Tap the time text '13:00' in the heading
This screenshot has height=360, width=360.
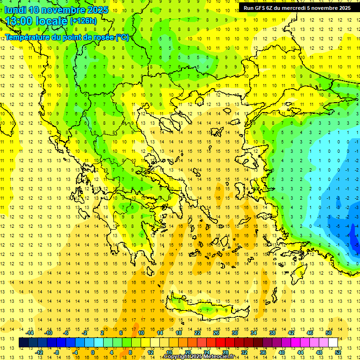pyautogui.click(x=21, y=21)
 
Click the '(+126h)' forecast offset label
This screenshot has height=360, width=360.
pyautogui.click(x=83, y=21)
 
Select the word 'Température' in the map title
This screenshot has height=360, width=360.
pyautogui.click(x=28, y=37)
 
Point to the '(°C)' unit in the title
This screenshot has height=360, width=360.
pyautogui.click(x=122, y=37)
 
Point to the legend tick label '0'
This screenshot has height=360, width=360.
pyautogui.click(x=93, y=352)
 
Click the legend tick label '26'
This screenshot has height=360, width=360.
pyautogui.click(x=216, y=333)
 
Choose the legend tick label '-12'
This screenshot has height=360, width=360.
pyautogui.click(x=39, y=352)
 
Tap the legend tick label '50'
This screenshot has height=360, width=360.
pyautogui.click(x=329, y=333)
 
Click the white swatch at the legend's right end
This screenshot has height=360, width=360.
pyautogui.click(x=333, y=343)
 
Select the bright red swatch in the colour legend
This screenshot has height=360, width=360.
pyautogui.click(x=220, y=343)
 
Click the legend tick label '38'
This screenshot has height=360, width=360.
pyautogui.click(x=272, y=333)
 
